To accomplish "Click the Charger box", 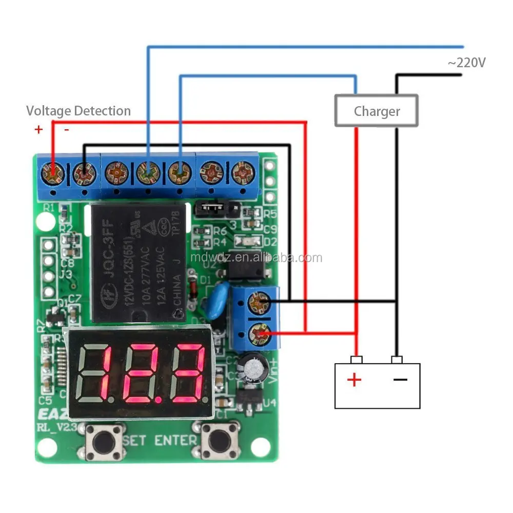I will coord(376,111).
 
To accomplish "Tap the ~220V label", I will coord(466,63).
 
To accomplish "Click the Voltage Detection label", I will coord(78,111).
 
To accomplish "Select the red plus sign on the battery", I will coord(354,380).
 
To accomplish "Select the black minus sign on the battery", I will coord(400,380).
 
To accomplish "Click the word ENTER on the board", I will coord(176,440).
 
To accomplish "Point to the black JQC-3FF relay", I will coord(138,262).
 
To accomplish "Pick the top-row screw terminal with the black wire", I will coord(84,172).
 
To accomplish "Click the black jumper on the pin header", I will coord(210,208).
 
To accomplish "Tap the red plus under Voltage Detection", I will coord(38,129).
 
